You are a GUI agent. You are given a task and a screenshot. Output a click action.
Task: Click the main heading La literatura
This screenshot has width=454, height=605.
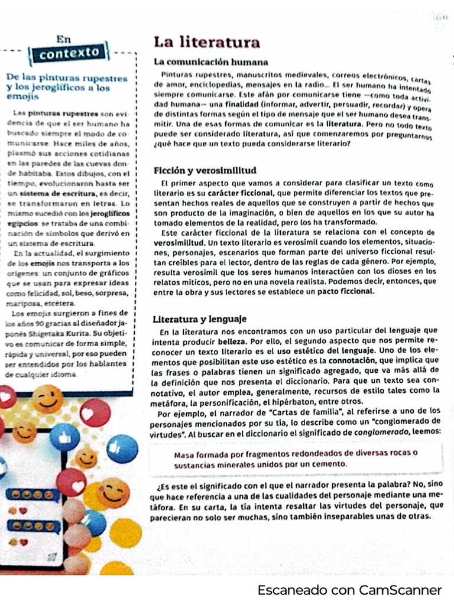pyautogui.click(x=206, y=42)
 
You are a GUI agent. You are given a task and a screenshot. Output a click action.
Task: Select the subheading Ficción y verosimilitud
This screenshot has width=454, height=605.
pyautogui.click(x=205, y=170)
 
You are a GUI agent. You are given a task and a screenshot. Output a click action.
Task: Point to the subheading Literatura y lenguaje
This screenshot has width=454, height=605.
pyautogui.click(x=199, y=319)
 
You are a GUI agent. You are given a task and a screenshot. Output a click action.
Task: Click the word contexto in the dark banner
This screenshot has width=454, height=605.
pyautogui.click(x=69, y=53)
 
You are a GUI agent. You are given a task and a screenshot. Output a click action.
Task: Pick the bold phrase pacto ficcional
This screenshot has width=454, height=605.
pyautogui.click(x=346, y=291)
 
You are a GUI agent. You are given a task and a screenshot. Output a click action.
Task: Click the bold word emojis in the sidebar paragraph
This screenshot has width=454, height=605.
pyautogui.click(x=43, y=263)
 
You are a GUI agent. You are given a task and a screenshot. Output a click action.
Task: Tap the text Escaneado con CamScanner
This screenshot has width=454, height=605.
pyautogui.click(x=349, y=590)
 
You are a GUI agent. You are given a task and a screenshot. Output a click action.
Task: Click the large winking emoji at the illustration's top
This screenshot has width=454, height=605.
pyautogui.click(x=47, y=399)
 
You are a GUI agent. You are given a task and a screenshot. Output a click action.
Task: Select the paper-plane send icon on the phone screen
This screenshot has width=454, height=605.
pyautogui.click(x=51, y=557)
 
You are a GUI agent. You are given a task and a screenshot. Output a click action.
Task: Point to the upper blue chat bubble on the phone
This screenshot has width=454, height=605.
pyautogui.click(x=33, y=495)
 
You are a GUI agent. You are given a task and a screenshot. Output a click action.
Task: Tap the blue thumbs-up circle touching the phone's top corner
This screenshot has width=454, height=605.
pyautogui.click(x=65, y=437)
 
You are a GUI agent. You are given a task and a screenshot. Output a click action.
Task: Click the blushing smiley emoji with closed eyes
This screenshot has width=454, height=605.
pyautogui.click(x=115, y=492)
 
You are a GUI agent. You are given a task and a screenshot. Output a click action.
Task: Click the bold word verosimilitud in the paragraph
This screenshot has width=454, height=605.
pyautogui.click(x=178, y=242)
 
